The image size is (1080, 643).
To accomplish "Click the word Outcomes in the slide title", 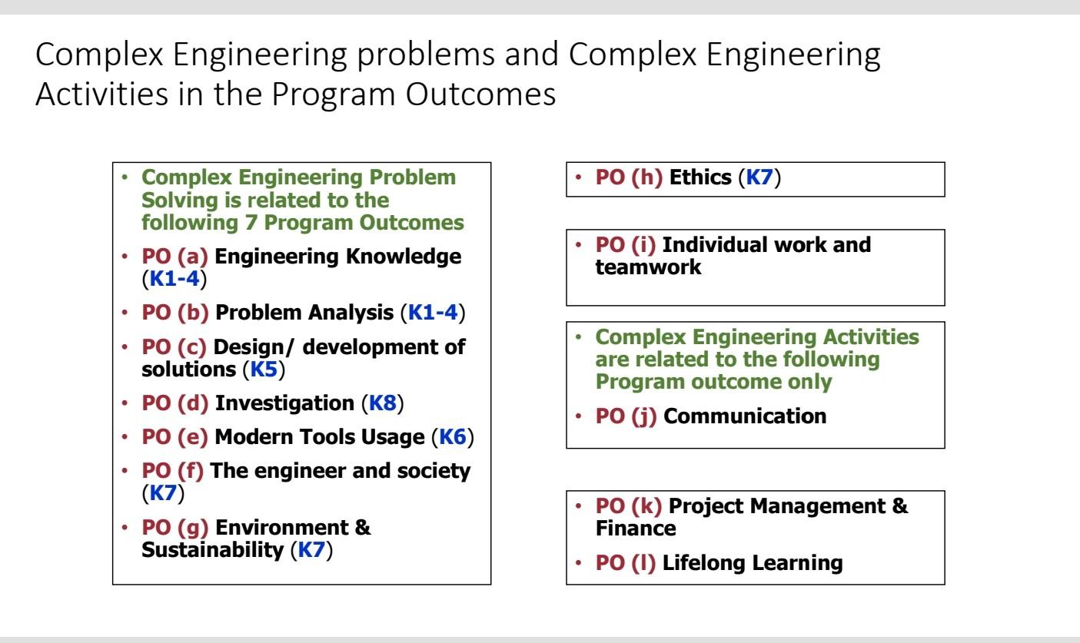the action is click(x=480, y=94).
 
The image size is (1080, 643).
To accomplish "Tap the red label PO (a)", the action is click(x=174, y=256).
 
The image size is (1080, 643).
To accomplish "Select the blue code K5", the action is click(x=264, y=370).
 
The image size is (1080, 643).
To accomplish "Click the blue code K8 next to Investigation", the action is click(x=383, y=403).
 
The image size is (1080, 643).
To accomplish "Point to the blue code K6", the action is click(x=453, y=436).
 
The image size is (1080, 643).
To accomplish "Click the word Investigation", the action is click(x=284, y=403).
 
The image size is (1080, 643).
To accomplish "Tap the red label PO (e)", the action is click(x=174, y=436).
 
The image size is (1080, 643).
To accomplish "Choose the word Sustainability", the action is click(x=213, y=549).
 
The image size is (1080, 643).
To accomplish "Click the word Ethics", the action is click(x=700, y=177).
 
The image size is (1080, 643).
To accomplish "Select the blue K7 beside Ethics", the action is click(x=759, y=177).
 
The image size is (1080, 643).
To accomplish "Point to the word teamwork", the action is click(x=648, y=267).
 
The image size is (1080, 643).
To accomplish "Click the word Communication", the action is click(x=745, y=416).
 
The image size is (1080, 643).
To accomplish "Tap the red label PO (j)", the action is click(x=626, y=416).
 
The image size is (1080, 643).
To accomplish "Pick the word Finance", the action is click(x=636, y=529).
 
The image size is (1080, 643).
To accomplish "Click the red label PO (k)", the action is click(x=629, y=505).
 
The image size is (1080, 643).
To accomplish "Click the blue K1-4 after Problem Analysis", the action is click(x=433, y=313).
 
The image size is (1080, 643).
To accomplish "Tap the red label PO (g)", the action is click(x=175, y=527).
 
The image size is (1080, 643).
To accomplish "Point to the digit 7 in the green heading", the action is click(x=251, y=223).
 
